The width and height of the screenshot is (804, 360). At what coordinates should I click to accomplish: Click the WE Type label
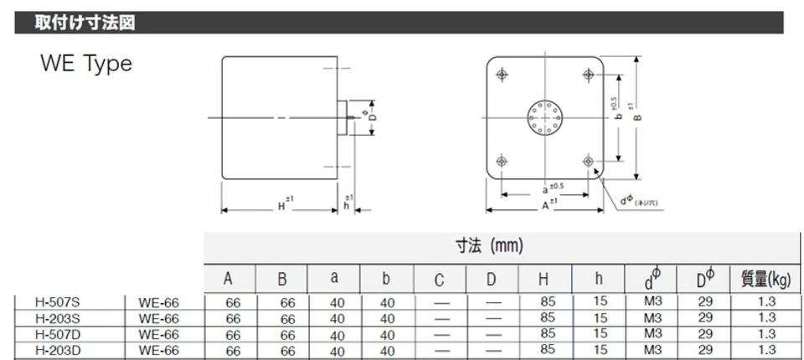85,64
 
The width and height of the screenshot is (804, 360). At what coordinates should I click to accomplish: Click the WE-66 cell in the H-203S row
159,318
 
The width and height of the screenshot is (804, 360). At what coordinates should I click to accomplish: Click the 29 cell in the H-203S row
705,317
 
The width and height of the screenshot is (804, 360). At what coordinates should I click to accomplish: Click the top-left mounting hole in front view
502,75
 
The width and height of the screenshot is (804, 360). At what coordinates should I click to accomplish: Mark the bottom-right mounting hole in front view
589,160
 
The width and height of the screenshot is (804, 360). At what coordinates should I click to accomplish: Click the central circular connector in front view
545,118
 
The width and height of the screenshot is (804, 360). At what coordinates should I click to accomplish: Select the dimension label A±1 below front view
548,203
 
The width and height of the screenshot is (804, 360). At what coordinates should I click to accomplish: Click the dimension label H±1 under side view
283,203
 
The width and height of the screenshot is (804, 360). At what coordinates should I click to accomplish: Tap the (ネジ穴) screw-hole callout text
647,203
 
